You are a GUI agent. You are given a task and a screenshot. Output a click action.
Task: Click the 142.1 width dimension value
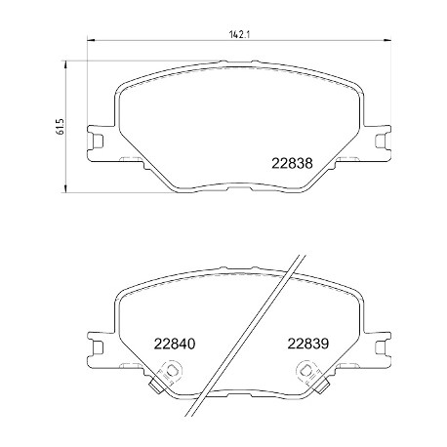(239, 35)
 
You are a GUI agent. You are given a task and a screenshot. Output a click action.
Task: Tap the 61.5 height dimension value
(61, 127)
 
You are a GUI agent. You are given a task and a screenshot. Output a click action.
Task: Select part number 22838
(292, 164)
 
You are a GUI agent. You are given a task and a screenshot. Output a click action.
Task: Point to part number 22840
(175, 344)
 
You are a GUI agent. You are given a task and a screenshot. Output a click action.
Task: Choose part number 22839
(307, 344)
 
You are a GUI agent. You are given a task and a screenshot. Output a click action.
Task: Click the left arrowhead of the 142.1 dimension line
(91, 41)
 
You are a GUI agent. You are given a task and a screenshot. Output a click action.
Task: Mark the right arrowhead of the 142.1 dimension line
(387, 41)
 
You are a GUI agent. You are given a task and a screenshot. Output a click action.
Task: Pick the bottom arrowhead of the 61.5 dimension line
(66, 188)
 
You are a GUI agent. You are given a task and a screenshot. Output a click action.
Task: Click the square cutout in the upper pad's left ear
(98, 142)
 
